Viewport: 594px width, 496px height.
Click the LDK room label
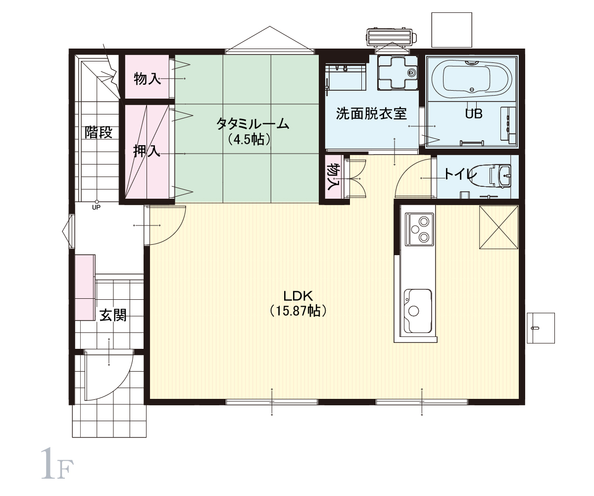pyautogui.click(x=298, y=296)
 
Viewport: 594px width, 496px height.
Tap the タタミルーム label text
pyautogui.click(x=252, y=124)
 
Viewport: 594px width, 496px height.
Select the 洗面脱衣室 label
pyautogui.click(x=372, y=113)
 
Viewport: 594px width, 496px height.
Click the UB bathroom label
pyautogui.click(x=474, y=113)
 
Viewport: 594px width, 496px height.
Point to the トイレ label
pyautogui.click(x=460, y=174)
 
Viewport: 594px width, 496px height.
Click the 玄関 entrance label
pyautogui.click(x=113, y=315)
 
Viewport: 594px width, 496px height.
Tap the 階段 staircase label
pyautogui.click(x=99, y=132)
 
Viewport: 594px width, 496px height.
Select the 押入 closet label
pyautogui.click(x=147, y=151)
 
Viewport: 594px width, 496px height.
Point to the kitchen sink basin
pyautogui.click(x=418, y=311)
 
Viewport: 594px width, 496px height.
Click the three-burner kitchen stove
pyautogui.click(x=419, y=229)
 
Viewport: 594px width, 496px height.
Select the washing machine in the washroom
pyautogui.click(x=397, y=72)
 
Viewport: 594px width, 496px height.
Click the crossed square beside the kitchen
pyautogui.click(x=498, y=227)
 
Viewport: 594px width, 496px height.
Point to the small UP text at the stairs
pyautogui.click(x=96, y=208)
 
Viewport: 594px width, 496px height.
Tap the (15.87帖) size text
pyautogui.click(x=298, y=311)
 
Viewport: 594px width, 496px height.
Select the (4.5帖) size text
pyautogui.click(x=249, y=139)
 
